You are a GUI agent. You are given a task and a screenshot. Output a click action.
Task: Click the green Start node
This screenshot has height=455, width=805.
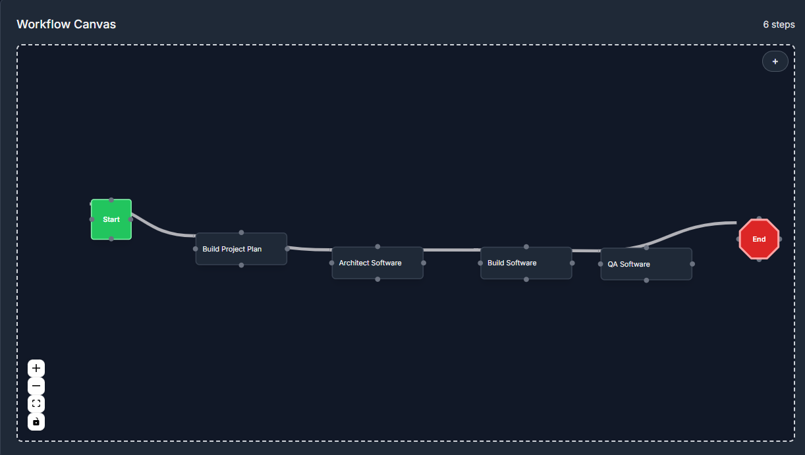[x=111, y=219]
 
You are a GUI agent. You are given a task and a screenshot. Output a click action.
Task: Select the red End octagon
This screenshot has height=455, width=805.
[x=759, y=239]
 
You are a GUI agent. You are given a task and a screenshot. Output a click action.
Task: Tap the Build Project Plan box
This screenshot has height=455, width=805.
[x=241, y=249]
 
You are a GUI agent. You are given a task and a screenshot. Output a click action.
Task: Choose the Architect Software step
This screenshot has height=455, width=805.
[x=377, y=263]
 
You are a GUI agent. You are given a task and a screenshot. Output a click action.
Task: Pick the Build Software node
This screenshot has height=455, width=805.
[x=526, y=263]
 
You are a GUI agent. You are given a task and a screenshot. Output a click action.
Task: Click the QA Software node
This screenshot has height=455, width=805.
[x=646, y=264]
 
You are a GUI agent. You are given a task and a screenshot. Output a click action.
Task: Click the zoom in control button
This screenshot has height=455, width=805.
[x=36, y=368]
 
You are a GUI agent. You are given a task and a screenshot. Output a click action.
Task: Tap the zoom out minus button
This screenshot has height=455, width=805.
[x=36, y=386]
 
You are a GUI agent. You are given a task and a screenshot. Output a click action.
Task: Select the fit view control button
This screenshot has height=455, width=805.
[x=36, y=404]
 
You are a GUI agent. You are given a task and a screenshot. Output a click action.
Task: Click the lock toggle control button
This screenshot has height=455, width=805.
[x=36, y=421]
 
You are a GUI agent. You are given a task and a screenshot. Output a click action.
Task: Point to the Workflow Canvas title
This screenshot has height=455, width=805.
[x=66, y=24]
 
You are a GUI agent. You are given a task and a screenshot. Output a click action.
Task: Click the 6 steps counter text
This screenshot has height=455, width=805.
[x=779, y=24]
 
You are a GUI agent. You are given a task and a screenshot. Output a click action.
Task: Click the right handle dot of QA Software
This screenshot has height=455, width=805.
[x=692, y=264]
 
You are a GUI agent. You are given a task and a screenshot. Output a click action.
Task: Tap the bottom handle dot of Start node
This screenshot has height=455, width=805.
[x=111, y=238]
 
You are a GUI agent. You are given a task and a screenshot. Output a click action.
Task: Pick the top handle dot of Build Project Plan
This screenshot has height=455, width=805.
[x=242, y=232]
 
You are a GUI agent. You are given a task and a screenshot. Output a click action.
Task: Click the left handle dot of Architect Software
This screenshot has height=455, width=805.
[x=332, y=263]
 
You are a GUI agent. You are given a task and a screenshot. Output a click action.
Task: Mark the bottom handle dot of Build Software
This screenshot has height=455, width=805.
[x=526, y=279]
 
